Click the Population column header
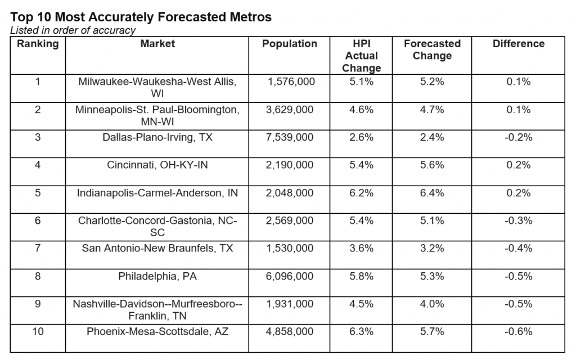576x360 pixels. tap(290, 44)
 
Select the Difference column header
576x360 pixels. tap(518, 44)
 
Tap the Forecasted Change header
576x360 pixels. tap(432, 49)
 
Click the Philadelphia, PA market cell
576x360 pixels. tap(157, 276)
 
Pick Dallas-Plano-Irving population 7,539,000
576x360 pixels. tap(290, 137)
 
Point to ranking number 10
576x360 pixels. tap(38, 332)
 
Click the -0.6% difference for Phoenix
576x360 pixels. tap(518, 332)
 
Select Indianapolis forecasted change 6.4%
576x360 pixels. tap(432, 193)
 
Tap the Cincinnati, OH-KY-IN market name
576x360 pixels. tap(157, 165)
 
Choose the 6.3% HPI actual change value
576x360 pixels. tap(361, 332)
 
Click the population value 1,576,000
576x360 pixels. tap(291, 82)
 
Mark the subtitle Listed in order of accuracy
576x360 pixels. tap(73, 30)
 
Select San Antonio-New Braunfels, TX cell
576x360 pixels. tap(157, 248)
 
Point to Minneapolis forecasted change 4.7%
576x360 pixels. tap(432, 110)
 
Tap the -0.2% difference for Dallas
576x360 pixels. tap(518, 137)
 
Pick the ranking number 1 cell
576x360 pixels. tap(38, 82)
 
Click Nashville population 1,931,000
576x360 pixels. tap(290, 304)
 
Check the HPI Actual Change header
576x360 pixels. tap(361, 56)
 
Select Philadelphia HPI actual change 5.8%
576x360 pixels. tap(361, 276)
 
